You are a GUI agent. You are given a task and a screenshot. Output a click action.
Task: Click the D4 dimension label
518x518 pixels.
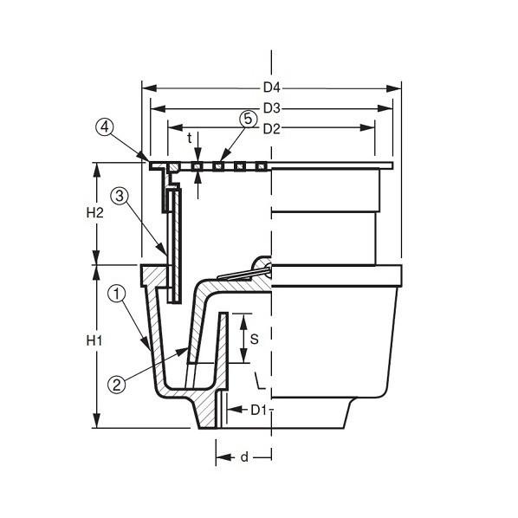point(271,87)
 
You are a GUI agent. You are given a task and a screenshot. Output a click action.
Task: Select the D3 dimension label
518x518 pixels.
point(271,108)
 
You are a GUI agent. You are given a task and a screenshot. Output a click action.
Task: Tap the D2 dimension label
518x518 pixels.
point(271,129)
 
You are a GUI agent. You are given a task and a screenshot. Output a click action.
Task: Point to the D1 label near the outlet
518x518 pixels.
point(258,410)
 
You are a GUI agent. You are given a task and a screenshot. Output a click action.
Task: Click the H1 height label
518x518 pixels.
point(94,340)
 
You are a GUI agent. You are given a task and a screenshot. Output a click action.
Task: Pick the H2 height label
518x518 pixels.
point(94,213)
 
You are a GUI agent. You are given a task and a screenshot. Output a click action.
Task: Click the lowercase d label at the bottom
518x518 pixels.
point(244,457)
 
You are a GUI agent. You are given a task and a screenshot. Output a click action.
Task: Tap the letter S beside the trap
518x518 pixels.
point(254,339)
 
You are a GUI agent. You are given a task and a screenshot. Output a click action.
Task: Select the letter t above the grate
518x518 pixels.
point(190,139)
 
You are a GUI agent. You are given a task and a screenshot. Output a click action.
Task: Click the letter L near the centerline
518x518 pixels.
point(260,380)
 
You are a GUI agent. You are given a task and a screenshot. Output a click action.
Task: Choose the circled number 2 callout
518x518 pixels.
point(117,385)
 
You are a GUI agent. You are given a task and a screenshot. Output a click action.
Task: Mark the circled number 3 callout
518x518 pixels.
point(120,197)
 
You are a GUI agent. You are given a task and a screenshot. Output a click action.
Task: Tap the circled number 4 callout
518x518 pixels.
point(105,127)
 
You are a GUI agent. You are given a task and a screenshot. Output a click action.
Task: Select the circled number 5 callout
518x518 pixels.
point(248,119)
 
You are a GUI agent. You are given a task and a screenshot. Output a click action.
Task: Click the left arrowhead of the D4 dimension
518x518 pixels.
point(149,88)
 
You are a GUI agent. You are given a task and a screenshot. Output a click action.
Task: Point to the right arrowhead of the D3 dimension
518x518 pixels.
point(385,108)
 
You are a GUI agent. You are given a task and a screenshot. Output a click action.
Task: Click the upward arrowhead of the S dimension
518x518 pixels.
point(243,321)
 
